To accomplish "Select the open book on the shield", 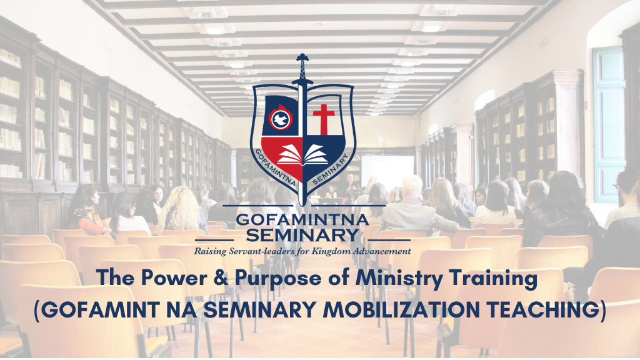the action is (x=302, y=155).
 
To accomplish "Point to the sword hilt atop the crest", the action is (x=302, y=70).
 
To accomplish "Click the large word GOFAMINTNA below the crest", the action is (x=302, y=219).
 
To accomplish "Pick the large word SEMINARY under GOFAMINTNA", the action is (x=302, y=235).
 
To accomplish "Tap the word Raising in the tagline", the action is (x=210, y=251).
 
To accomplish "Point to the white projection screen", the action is (x=387, y=171).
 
